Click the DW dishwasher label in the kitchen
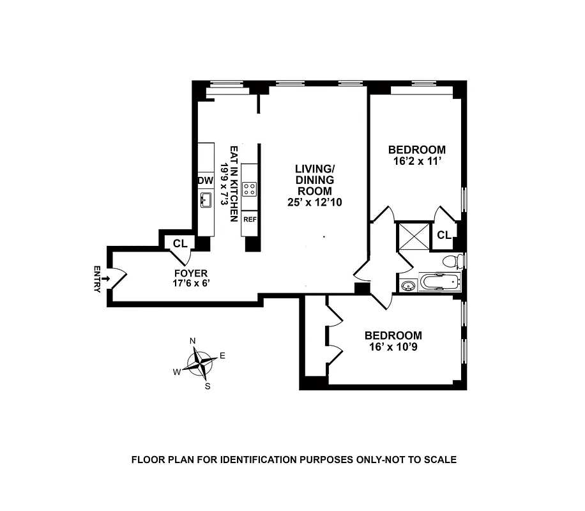tap(205, 181)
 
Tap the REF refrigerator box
tap(249, 219)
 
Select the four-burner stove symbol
tap(249, 188)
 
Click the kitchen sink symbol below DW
tap(206, 201)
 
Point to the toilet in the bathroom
tap(452, 261)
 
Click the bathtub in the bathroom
tap(439, 282)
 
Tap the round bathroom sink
tap(407, 285)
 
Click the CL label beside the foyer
tap(180, 243)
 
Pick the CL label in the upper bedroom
tap(444, 235)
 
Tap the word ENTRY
tap(97, 278)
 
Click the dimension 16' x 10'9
tap(393, 347)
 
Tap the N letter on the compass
tap(193, 341)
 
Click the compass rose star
tap(202, 363)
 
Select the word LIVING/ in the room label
tap(315, 169)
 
